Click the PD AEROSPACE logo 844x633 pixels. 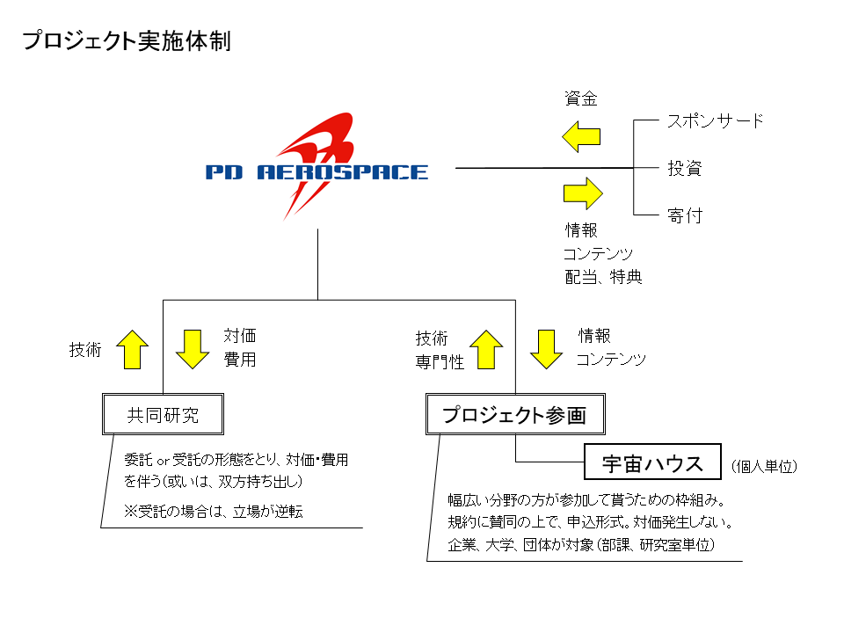pos(316,167)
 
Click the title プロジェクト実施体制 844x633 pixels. pos(127,41)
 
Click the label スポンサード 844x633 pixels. pos(716,120)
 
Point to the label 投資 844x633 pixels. pos(685,168)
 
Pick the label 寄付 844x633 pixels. pos(685,215)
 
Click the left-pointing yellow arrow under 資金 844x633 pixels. pos(581,137)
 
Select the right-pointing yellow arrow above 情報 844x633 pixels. pos(583,193)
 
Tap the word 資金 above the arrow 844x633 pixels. pos(581,98)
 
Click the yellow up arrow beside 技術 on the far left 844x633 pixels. pos(133,349)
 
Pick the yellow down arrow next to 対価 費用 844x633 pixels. pos(193,349)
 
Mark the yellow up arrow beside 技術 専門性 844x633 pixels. pos(486,349)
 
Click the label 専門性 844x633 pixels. pos(440,361)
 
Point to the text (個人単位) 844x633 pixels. pos(764,466)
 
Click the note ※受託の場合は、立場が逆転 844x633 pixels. pos(214,511)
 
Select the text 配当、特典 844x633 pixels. pos(603,277)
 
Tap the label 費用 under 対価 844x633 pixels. pos(240,359)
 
